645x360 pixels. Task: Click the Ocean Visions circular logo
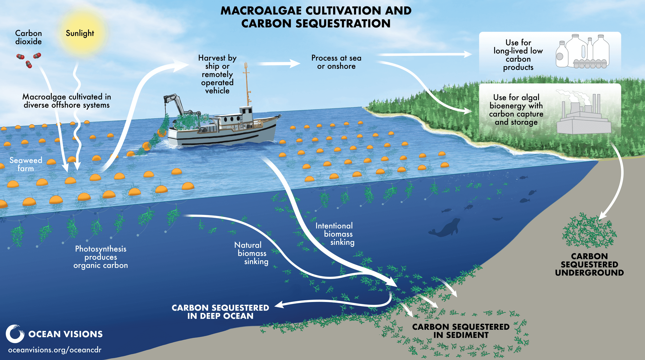[15, 334]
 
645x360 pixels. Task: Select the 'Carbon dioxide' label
[28, 37]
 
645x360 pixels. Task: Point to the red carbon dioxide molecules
[29, 60]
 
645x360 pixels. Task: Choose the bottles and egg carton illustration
[582, 52]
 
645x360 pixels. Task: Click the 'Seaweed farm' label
[26, 164]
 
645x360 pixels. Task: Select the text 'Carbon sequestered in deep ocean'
[220, 312]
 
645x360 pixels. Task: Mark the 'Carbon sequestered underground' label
[589, 265]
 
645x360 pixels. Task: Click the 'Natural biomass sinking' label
[252, 253]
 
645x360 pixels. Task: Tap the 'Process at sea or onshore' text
[336, 62]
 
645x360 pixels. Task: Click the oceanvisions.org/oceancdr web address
[55, 350]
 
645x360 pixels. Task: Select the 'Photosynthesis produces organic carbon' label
[101, 257]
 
